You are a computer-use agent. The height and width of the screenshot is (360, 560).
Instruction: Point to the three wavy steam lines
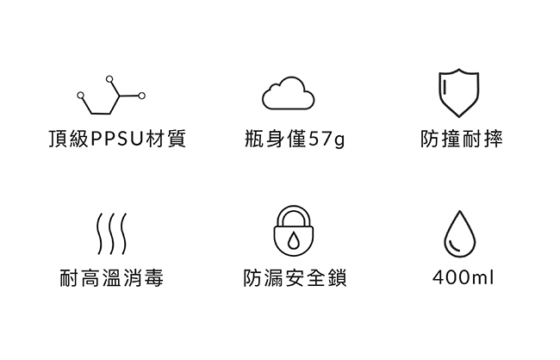point(111,233)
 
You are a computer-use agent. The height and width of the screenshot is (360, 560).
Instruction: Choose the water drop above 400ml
point(458,233)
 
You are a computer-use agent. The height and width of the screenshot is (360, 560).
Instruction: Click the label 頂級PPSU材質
point(117,139)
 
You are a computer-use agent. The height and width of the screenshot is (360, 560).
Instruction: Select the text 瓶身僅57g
point(294,139)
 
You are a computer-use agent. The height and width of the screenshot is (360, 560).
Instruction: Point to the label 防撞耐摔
point(461,139)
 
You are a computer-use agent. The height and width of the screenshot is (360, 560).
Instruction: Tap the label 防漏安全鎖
point(295,278)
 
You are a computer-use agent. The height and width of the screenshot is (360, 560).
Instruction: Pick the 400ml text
point(464,278)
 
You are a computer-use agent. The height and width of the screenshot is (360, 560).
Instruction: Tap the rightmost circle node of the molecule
point(142,95)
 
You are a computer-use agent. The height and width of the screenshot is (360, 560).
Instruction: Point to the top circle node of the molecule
point(109,79)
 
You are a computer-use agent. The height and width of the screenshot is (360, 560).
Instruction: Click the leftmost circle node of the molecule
point(80,96)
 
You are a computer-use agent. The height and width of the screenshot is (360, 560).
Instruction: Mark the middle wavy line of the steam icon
point(111,233)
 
